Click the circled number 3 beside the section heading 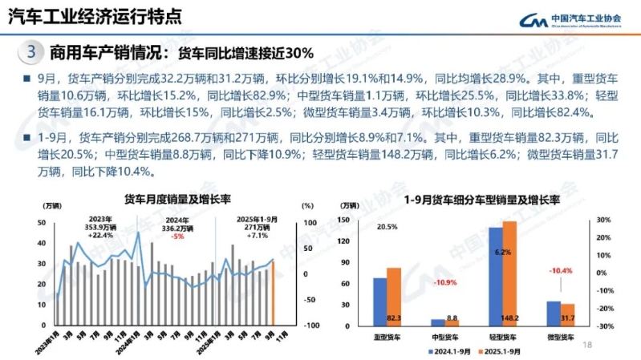click(30, 54)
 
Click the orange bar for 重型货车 click(394, 297)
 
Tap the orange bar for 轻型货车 click(509, 273)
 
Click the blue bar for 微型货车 click(554, 313)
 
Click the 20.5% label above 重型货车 click(387, 227)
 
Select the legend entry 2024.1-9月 click(451, 351)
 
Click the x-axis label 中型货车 click(444, 338)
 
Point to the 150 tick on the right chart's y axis click(344, 219)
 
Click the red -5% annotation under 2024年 click(178, 237)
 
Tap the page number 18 click(586, 346)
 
